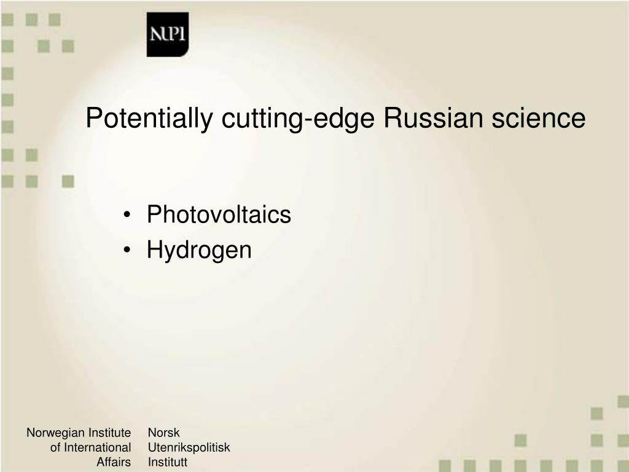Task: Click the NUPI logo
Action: coord(168,34)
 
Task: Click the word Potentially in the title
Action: coord(149,119)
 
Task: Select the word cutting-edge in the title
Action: coord(298,119)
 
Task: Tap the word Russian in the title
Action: coord(433,118)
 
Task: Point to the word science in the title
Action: coord(539,118)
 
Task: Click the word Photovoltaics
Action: coord(219,214)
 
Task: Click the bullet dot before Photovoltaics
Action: coord(127,214)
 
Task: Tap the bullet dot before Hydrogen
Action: coord(127,250)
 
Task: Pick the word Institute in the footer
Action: coord(109,432)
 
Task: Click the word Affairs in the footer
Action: coord(114,462)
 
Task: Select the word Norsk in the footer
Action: coord(163,432)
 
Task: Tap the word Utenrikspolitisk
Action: coord(189,447)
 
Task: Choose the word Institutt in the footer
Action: coord(168,462)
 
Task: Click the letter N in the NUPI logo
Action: coord(156,34)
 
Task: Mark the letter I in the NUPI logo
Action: coord(182,34)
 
